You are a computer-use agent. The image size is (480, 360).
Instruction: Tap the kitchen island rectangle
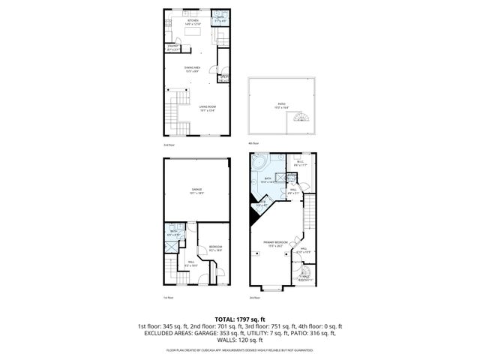point(192,32)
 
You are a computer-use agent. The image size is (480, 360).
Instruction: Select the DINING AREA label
point(192,68)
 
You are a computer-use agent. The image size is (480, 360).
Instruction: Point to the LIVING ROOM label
point(208,109)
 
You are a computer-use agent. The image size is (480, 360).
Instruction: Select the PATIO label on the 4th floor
point(280,105)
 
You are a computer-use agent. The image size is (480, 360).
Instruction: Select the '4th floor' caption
point(254,142)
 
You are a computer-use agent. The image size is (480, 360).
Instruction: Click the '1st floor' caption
point(169,297)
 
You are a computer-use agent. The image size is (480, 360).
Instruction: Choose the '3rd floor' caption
point(254,297)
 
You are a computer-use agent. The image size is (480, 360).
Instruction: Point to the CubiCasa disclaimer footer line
point(239,349)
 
